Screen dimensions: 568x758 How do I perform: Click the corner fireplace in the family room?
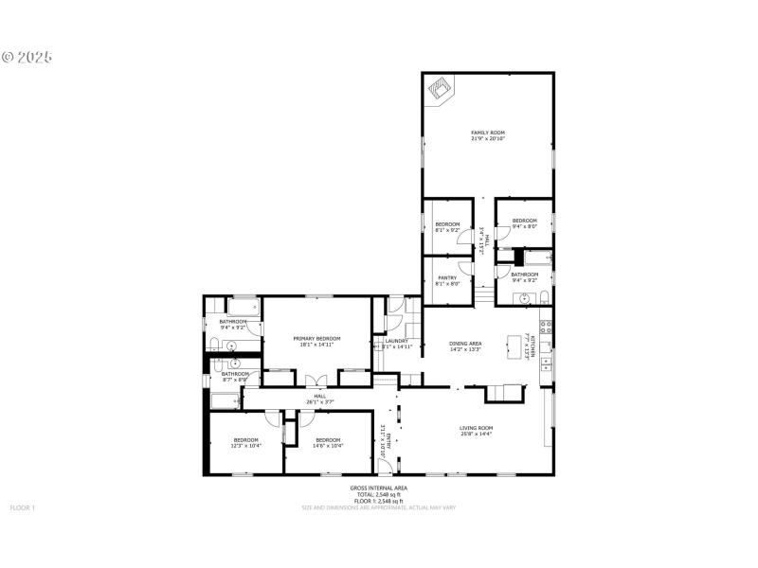(437, 90)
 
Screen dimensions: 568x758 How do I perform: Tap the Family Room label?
(488, 135)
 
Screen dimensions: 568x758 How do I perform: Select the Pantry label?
(447, 280)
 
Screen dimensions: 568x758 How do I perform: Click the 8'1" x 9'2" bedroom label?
(447, 226)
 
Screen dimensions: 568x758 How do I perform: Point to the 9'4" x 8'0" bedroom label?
(525, 223)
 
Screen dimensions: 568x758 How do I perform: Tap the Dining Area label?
(465, 346)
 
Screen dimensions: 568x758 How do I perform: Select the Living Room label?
(478, 431)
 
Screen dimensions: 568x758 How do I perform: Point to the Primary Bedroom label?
(316, 341)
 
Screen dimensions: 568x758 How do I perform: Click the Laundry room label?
(395, 343)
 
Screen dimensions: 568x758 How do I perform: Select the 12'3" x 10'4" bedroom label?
(246, 442)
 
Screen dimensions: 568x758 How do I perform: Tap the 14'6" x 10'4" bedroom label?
(328, 442)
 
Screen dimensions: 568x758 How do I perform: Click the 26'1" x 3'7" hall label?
(319, 399)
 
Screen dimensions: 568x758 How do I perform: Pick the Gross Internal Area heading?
(378, 488)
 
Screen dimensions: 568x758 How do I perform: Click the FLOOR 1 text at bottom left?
(22, 508)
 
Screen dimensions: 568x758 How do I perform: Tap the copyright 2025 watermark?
(27, 57)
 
